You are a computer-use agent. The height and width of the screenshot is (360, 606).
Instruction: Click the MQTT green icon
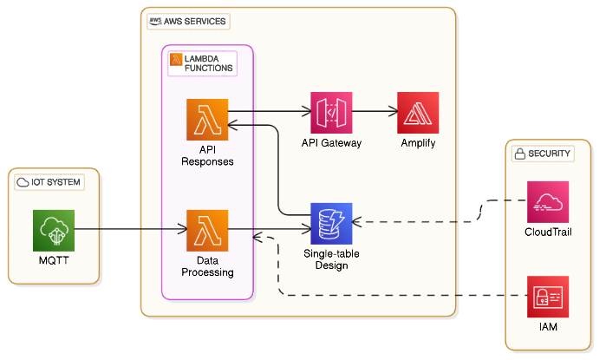[x=54, y=231]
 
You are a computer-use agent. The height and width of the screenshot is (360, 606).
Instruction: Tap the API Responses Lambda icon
[x=207, y=120]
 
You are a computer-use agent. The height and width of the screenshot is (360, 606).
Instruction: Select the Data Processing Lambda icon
[x=207, y=231]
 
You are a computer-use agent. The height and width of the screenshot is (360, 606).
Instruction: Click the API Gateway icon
[x=331, y=113]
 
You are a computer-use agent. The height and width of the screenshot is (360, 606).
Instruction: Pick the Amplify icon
[x=418, y=113]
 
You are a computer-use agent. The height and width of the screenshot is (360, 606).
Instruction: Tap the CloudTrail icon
[x=548, y=202]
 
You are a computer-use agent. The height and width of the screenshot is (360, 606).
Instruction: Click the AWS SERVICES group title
[x=194, y=21]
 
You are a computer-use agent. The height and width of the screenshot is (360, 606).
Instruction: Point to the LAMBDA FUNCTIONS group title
[x=207, y=62]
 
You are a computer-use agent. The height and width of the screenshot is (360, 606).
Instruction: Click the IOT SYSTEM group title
[x=56, y=182]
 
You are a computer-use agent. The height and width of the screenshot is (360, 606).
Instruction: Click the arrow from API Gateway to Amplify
[x=375, y=112]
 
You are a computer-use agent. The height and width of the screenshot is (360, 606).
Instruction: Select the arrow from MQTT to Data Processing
[x=130, y=231]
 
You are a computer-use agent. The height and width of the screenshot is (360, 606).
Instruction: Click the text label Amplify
[x=418, y=142]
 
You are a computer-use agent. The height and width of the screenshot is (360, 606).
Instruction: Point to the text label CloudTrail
[x=548, y=232]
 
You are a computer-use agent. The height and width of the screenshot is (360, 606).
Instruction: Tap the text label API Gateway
[x=331, y=142]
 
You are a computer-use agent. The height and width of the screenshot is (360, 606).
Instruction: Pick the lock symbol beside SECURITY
[x=520, y=154]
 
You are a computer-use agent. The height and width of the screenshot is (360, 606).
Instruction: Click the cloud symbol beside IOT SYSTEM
[x=23, y=182]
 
